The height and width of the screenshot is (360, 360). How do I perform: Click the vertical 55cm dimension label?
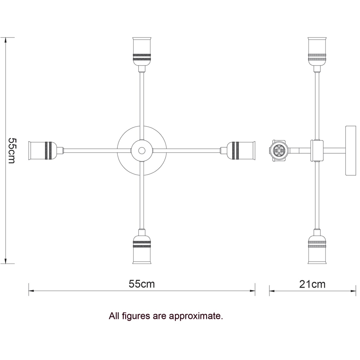[12, 150]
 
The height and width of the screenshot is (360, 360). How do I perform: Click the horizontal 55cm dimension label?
[141, 284]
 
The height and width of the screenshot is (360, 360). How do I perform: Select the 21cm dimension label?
[312, 284]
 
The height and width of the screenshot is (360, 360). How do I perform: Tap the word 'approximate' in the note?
[196, 316]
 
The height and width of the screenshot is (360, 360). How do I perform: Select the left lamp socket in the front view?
[46, 150]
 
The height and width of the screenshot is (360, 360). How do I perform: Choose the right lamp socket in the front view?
[238, 150]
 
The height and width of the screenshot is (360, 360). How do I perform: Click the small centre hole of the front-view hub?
[142, 150]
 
